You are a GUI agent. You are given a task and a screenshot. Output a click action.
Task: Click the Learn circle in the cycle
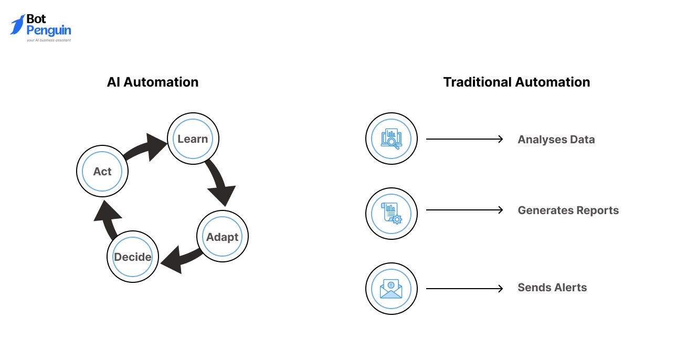pos(193,139)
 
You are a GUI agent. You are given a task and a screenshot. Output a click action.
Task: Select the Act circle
pos(102,172)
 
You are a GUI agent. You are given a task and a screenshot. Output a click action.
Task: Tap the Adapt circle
pos(222,237)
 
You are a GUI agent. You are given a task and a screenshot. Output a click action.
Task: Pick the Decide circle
pos(133,257)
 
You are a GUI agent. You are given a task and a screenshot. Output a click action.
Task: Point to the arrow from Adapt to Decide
pos(180,259)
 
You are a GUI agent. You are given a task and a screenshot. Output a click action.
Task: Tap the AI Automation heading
pos(153,82)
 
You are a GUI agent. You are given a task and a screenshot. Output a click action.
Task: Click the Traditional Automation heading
pos(516,82)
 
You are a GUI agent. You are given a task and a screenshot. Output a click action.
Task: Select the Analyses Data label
pos(556,140)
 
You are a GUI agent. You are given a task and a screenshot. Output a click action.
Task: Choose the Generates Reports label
pos(568,210)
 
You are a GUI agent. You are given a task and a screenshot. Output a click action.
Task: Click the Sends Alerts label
pos(552,288)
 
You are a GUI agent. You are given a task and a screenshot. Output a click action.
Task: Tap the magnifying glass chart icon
pos(392,139)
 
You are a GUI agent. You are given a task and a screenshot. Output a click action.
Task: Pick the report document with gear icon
pos(392,214)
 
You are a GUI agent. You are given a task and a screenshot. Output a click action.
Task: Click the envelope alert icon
pos(392,289)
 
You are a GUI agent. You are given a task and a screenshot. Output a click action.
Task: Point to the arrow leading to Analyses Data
pos(464,139)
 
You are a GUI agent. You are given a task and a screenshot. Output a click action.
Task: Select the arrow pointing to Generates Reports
pos(464,210)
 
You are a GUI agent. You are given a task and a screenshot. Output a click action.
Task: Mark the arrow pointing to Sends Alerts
pos(464,289)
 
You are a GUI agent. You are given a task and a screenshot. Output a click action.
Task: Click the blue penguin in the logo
pos(17,25)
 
